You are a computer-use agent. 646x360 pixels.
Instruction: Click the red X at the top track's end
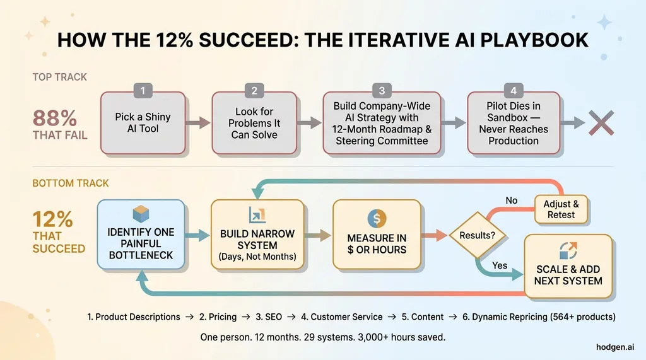point(601,122)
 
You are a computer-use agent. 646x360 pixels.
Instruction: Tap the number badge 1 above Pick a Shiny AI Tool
point(143,91)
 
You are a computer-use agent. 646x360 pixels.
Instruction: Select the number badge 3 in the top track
point(381,91)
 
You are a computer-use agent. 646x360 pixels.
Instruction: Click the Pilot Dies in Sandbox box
point(513,123)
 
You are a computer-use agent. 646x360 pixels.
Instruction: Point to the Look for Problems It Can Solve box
point(254,123)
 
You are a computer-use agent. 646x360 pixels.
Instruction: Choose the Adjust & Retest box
point(561,209)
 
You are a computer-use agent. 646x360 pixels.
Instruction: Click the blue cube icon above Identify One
point(140,214)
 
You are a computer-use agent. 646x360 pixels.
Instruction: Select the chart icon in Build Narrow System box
point(257,214)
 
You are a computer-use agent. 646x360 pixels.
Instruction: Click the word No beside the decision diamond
point(511,200)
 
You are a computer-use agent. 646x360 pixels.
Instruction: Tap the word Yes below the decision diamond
point(499,265)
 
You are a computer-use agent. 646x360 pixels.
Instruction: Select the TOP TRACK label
point(60,77)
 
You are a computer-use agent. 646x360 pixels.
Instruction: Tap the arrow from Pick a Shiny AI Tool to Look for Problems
point(199,122)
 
